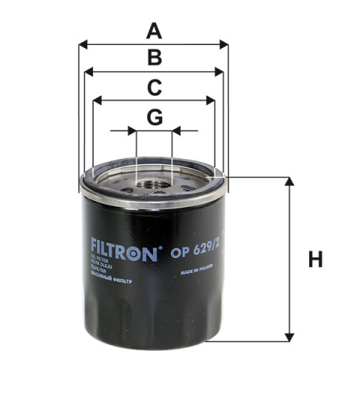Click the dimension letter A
154,31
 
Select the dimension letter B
154,58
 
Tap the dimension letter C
154,87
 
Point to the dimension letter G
154,117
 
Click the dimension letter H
315,260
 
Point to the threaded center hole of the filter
154,184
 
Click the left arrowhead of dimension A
82,45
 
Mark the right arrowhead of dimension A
224,45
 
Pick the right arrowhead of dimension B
220,72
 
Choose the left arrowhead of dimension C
96,100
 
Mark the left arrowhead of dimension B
88,72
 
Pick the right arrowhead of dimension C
211,100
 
